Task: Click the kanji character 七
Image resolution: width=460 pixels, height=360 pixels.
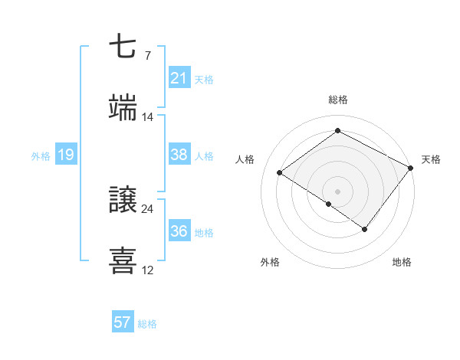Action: [x=123, y=47]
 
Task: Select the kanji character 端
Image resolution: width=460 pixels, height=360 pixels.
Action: [x=123, y=109]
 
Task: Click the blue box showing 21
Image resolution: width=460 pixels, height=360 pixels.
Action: [x=179, y=78]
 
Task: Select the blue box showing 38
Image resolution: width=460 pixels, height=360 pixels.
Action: [x=179, y=155]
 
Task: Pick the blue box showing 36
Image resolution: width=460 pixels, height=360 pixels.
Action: [x=179, y=231]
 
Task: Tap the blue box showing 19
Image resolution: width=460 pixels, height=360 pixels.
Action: [x=65, y=155]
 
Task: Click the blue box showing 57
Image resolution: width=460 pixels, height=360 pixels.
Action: [x=123, y=322]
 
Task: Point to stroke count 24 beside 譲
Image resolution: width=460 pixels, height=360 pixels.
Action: [x=148, y=208]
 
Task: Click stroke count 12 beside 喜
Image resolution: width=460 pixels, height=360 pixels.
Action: [x=148, y=270]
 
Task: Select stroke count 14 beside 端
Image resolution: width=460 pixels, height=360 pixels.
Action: [x=148, y=116]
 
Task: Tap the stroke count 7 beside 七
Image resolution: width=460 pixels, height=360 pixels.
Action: [x=147, y=55]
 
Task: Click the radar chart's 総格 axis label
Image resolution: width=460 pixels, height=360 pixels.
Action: [x=337, y=100]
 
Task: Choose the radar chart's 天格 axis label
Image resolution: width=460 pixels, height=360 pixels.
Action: [x=431, y=159]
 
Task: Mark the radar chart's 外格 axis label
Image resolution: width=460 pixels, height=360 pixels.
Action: [x=270, y=262]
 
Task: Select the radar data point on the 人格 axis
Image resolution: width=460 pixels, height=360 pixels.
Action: [x=280, y=172]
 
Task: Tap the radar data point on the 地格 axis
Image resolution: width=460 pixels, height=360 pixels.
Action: [x=365, y=229]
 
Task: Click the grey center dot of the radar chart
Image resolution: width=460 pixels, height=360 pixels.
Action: [x=337, y=191]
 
